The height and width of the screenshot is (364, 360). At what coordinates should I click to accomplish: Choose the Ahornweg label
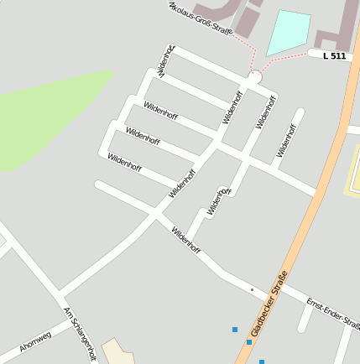(35, 340)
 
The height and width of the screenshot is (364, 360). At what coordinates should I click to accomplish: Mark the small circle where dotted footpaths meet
(256, 76)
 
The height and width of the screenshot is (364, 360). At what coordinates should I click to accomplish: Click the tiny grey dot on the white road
(252, 290)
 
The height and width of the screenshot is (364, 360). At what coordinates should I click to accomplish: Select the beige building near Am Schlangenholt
(117, 351)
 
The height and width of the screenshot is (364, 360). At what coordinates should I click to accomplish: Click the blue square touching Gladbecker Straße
(249, 342)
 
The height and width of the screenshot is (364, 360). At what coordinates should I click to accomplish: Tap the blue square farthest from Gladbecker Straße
(235, 330)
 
